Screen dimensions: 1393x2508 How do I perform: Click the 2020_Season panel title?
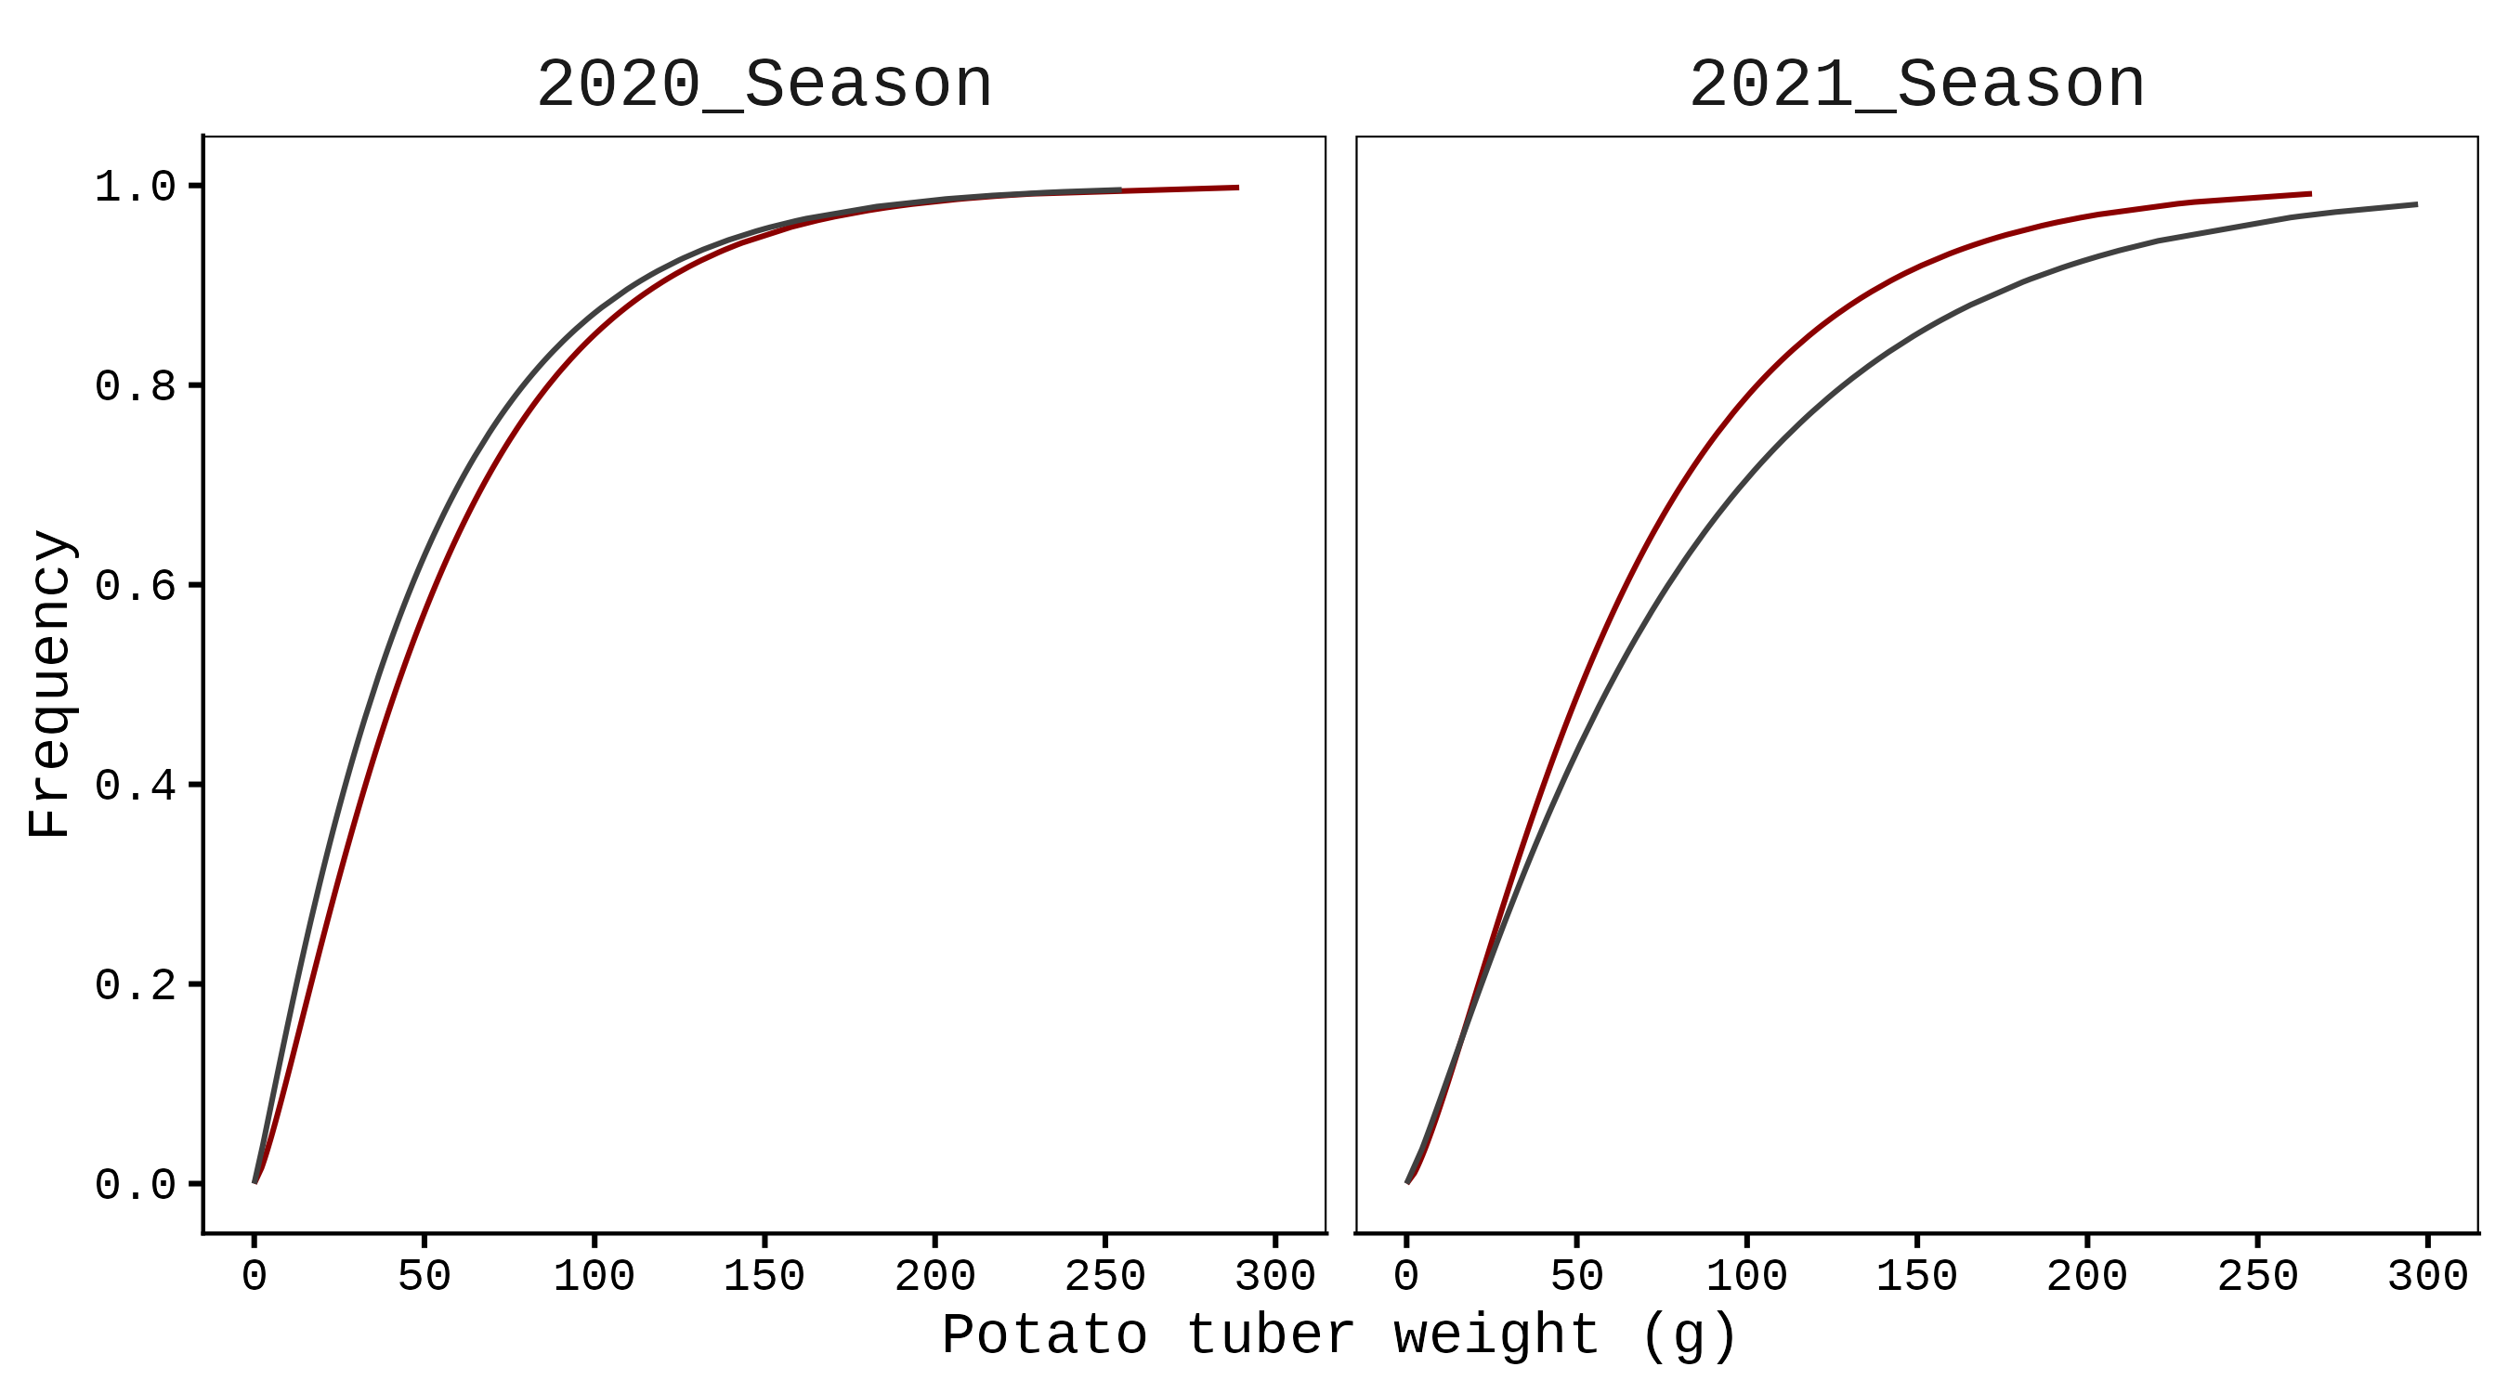tap(764, 85)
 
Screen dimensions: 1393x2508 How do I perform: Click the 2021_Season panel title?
tap(1916, 85)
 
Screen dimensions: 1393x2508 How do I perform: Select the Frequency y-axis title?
tap(48, 683)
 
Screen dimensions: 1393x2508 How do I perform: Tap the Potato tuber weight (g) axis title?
tap(1339, 1334)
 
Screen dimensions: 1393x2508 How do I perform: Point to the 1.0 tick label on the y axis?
tap(136, 187)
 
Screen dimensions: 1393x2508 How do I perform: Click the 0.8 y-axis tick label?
tap(136, 386)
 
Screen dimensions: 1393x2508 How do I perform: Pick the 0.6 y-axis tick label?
tap(136, 586)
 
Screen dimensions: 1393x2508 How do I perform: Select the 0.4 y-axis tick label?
tap(136, 786)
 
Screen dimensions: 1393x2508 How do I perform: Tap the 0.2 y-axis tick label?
tap(136, 985)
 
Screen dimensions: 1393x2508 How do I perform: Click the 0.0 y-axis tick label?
tap(136, 1185)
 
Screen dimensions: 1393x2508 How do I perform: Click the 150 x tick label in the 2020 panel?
tap(764, 1276)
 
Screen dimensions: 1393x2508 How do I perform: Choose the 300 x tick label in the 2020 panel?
tap(1274, 1276)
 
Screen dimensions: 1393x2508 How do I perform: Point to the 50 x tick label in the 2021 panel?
tap(1576, 1276)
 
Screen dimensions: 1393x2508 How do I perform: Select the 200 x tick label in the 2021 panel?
tap(2086, 1276)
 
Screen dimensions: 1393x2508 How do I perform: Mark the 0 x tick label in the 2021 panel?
tap(1407, 1276)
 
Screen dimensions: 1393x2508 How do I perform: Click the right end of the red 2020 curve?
tap(1237, 187)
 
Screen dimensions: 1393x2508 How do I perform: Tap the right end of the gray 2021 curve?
tap(2416, 204)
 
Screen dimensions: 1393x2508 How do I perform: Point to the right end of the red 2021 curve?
tap(2310, 194)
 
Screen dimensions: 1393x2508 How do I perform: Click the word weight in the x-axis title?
tap(1496, 1334)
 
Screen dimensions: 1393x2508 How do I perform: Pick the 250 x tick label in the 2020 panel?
tap(1105, 1276)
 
